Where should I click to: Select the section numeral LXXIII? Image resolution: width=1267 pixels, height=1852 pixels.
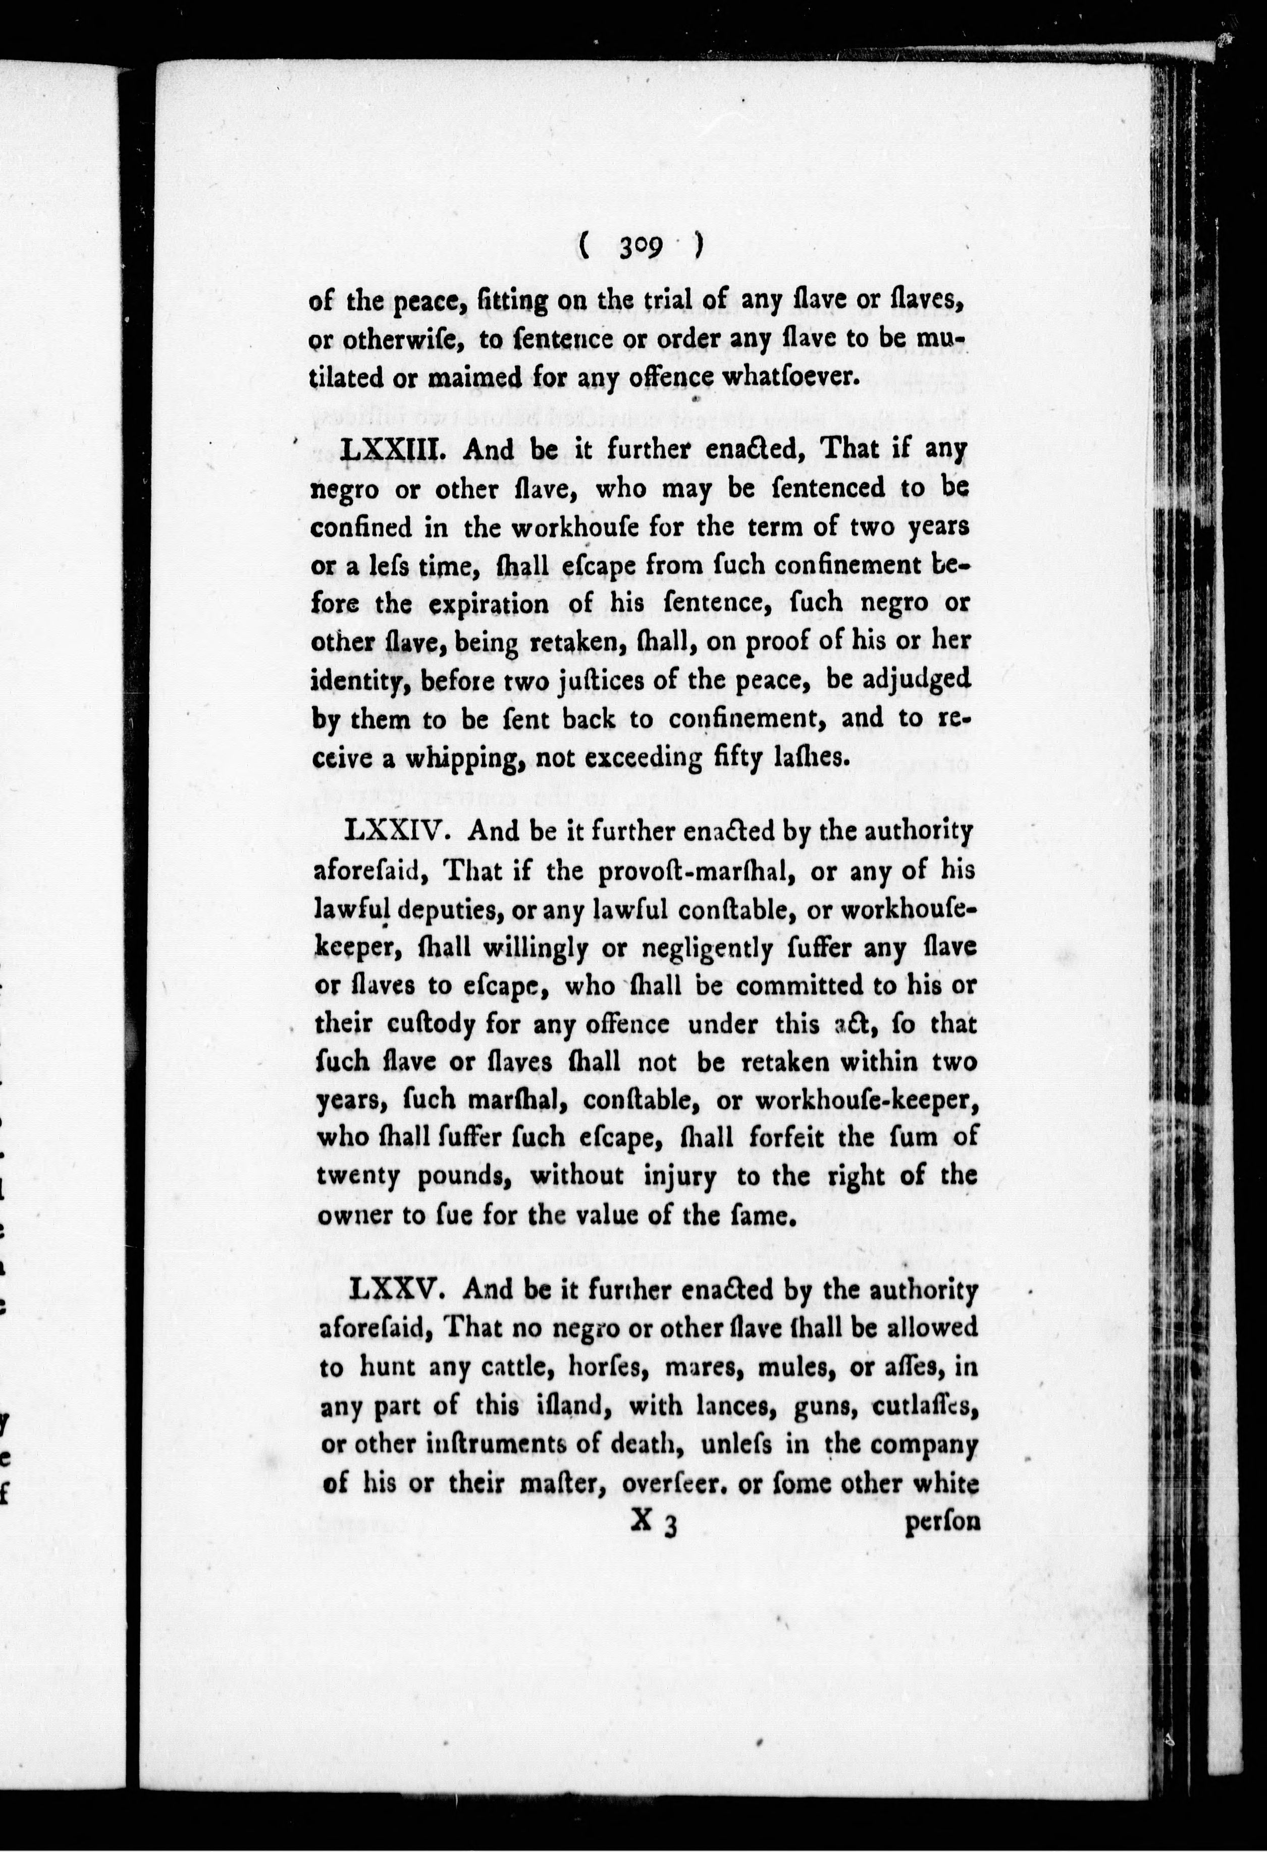click(391, 449)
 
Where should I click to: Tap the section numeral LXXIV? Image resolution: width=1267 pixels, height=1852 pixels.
click(399, 833)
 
